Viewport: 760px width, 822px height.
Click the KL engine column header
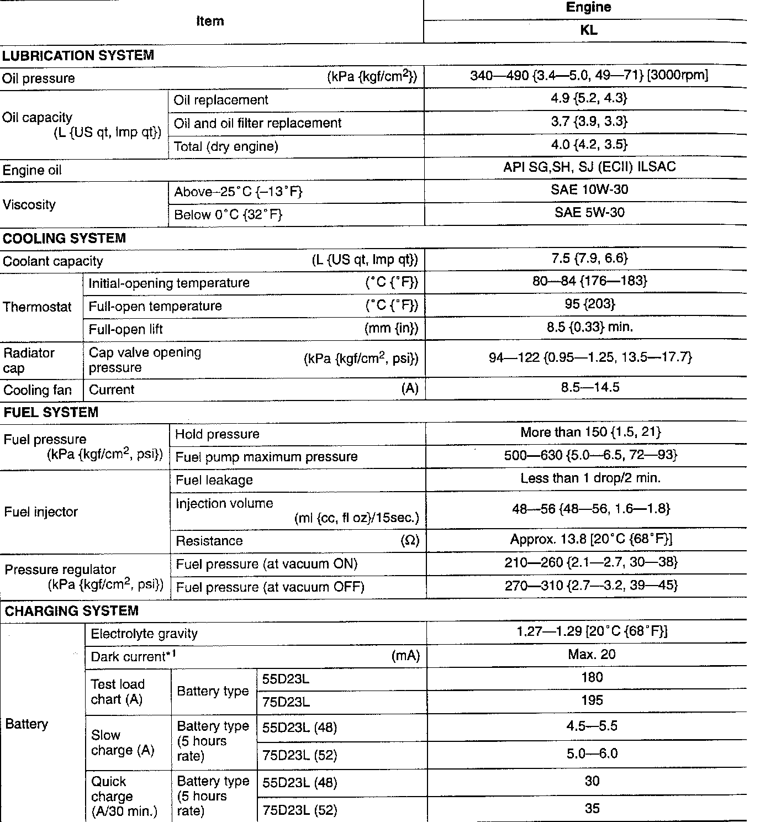pyautogui.click(x=589, y=30)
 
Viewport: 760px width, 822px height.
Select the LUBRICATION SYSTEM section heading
pyautogui.click(x=78, y=55)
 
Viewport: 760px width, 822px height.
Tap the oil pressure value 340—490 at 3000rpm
pyautogui.click(x=589, y=75)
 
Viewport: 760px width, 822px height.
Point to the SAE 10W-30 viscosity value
pyautogui.click(x=589, y=189)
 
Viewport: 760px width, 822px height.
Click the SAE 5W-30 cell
pyautogui.click(x=589, y=213)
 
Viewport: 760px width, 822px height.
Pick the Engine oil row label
pyautogui.click(x=32, y=170)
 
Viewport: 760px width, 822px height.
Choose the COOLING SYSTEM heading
pyautogui.click(x=64, y=238)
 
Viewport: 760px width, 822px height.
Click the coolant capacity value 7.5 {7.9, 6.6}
pyautogui.click(x=589, y=259)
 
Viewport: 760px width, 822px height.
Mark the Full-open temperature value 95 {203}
pyautogui.click(x=589, y=304)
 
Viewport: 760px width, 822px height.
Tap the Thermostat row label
pyautogui.click(x=37, y=307)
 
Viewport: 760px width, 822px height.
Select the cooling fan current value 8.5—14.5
pyautogui.click(x=589, y=387)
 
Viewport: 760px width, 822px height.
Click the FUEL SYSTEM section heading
pyautogui.click(x=51, y=412)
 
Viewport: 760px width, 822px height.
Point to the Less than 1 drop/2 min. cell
pyautogui.click(x=590, y=478)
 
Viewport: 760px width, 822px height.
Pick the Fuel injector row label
pyautogui.click(x=40, y=512)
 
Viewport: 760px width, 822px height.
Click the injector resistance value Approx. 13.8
pyautogui.click(x=590, y=539)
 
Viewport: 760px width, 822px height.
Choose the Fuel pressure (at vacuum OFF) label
pyautogui.click(x=270, y=587)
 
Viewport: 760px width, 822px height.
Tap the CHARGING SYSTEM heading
pyautogui.click(x=71, y=611)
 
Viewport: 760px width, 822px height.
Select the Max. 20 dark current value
pyautogui.click(x=591, y=655)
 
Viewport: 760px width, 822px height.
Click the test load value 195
pyautogui.click(x=592, y=700)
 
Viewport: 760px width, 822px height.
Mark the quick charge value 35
pyautogui.click(x=592, y=809)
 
